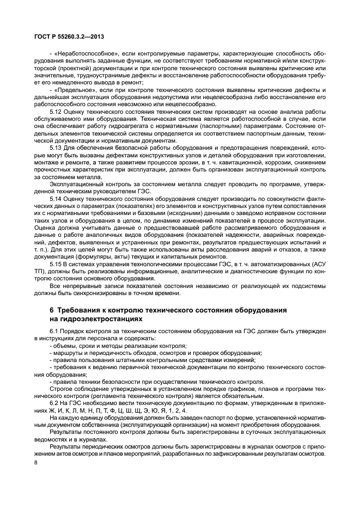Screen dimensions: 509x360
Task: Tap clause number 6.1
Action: click(53, 332)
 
